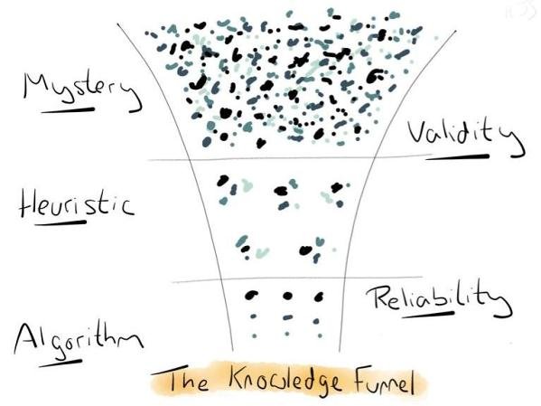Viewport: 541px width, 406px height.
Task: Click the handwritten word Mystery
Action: coord(81,90)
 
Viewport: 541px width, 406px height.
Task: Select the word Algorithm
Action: coord(78,340)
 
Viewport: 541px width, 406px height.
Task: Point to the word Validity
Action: coord(466,137)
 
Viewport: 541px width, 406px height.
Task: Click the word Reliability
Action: coord(438,301)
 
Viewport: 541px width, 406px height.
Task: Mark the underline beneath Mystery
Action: coord(68,110)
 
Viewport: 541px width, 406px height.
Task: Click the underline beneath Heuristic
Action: coord(61,222)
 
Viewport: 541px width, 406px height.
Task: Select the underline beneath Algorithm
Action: coord(61,364)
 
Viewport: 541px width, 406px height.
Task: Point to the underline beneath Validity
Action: coord(458,157)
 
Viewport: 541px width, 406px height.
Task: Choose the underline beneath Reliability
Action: coord(428,315)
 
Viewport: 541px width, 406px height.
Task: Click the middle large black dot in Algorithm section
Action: coord(288,296)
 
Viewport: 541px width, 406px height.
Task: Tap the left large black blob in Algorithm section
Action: coord(251,295)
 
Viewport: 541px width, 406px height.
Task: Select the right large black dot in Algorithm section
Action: coord(319,297)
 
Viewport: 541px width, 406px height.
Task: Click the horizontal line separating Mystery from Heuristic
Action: coord(290,158)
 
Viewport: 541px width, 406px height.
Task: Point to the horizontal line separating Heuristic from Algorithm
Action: coord(297,279)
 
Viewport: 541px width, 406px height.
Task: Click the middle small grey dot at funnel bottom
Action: coord(287,334)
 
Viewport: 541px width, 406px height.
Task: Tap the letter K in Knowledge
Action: coord(236,380)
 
